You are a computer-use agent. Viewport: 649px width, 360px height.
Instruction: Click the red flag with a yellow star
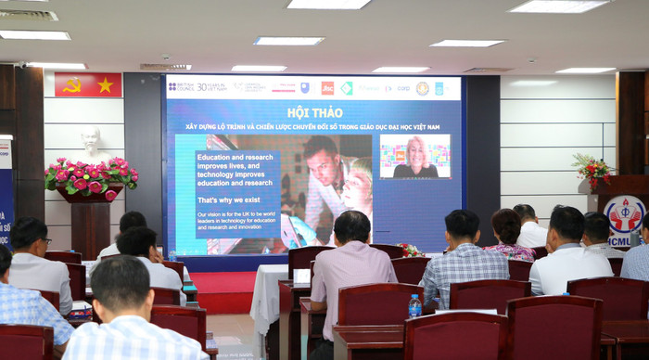pyautogui.click(x=105, y=85)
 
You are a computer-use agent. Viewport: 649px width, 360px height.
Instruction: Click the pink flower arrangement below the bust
pyautogui.click(x=90, y=176)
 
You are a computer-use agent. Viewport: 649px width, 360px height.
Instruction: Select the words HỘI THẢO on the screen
pyautogui.click(x=313, y=112)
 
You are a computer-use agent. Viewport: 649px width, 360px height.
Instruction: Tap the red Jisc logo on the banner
pyautogui.click(x=327, y=88)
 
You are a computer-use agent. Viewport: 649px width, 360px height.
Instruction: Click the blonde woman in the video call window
pyautogui.click(x=414, y=157)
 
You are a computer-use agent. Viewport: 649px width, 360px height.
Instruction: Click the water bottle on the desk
pyautogui.click(x=414, y=306)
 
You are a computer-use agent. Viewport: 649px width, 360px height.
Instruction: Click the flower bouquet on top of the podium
pyautogui.click(x=591, y=169)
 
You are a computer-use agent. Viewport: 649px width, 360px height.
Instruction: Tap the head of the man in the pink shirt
pyautogui.click(x=352, y=226)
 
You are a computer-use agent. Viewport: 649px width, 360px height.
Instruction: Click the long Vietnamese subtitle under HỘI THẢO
pyautogui.click(x=313, y=125)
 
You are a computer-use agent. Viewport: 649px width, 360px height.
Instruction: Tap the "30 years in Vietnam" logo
pyautogui.click(x=211, y=87)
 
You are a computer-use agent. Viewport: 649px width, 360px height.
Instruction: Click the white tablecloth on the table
pyautogui.click(x=268, y=297)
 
